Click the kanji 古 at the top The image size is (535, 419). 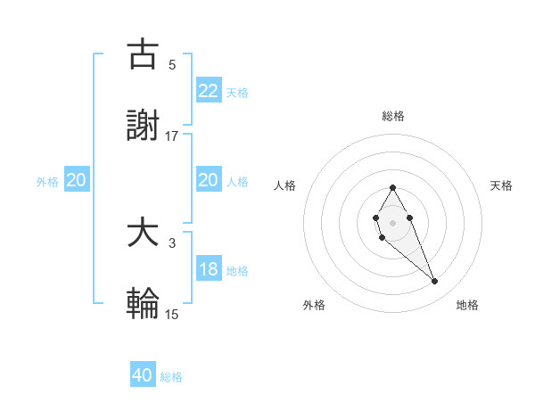pyautogui.click(x=143, y=54)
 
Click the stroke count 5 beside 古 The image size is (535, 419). pyautogui.click(x=171, y=64)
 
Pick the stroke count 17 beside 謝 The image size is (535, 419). pyautogui.click(x=172, y=136)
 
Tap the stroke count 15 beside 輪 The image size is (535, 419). pyautogui.click(x=172, y=314)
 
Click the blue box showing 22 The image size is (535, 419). pyautogui.click(x=208, y=90)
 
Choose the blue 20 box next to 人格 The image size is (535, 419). pyautogui.click(x=208, y=181)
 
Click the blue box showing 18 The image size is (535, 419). pyautogui.click(x=208, y=269)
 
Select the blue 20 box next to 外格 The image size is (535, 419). pyautogui.click(x=76, y=181)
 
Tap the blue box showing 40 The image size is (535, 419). pyautogui.click(x=143, y=375)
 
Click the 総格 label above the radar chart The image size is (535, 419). pyautogui.click(x=392, y=116)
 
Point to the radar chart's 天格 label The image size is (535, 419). pyautogui.click(x=502, y=185)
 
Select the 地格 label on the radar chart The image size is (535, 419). pyautogui.click(x=467, y=306)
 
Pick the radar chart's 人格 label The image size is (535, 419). pyautogui.click(x=285, y=185)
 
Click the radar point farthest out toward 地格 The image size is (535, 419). pyautogui.click(x=434, y=282)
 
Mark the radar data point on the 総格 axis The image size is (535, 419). pyautogui.click(x=392, y=187)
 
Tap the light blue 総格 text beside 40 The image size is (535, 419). pyautogui.click(x=171, y=377)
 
